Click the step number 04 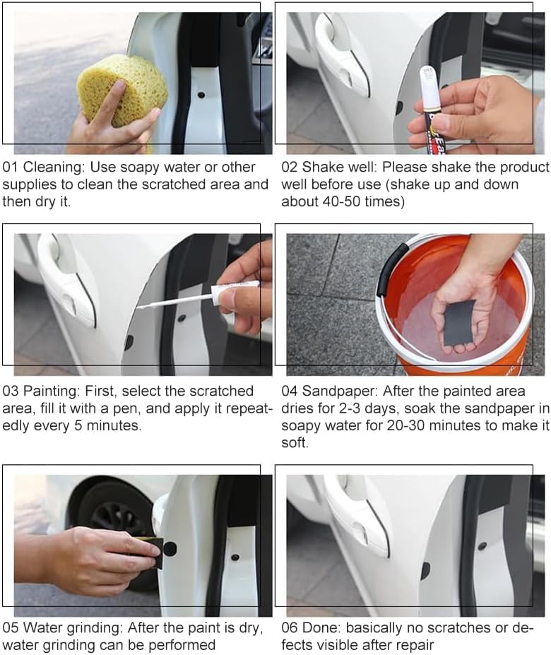coord(290,391)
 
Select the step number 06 coord(290,627)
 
